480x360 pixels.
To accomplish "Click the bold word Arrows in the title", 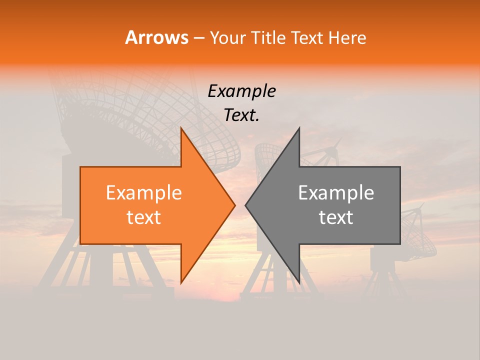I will coord(156,37).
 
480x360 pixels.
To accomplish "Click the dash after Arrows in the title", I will coord(198,38).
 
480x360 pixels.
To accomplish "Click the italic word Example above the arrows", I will coord(241,91).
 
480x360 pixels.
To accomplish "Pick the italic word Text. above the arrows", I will coord(241,115).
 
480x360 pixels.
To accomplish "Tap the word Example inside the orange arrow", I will coord(143,193).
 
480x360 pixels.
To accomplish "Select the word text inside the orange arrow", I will coord(143,217).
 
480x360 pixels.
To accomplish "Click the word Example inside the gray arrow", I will coord(336,193).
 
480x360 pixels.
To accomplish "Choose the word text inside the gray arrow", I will coord(336,217).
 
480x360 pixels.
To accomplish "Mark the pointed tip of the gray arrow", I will coord(246,205).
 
